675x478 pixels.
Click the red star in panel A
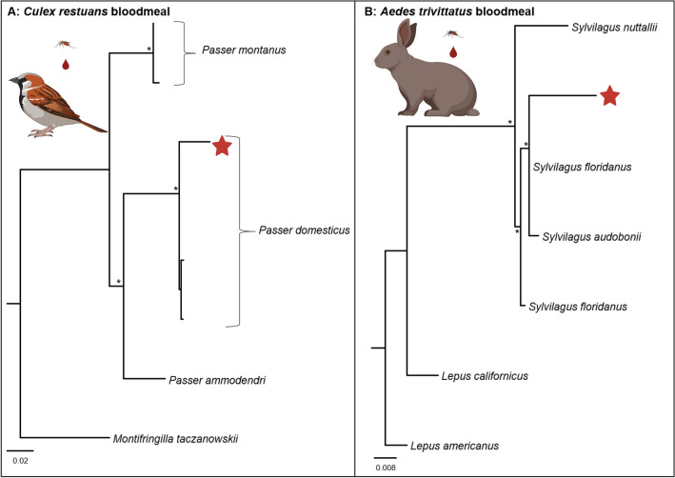(221, 147)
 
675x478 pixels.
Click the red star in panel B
(609, 95)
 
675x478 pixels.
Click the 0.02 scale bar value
(21, 460)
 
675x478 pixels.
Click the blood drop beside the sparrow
(66, 65)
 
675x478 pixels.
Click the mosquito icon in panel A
(62, 44)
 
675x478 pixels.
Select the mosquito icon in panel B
(453, 35)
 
